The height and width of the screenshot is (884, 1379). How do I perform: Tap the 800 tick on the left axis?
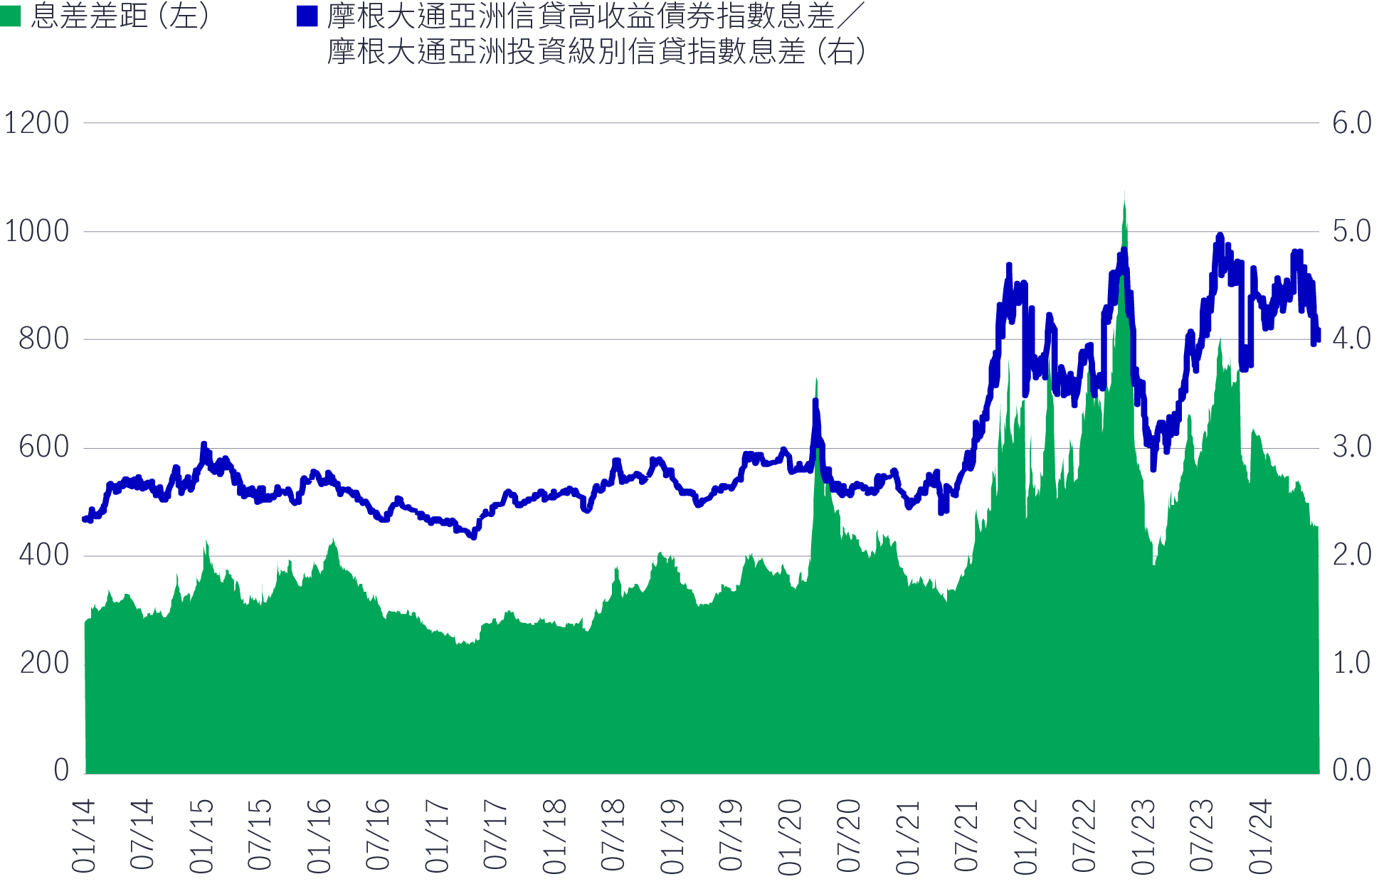point(44,339)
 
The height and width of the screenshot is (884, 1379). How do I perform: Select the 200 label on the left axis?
point(44,664)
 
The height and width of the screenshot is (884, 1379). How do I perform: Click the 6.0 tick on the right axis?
point(1351,123)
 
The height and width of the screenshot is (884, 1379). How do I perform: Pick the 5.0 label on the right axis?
point(1351,231)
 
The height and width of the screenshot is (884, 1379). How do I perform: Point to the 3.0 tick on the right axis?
point(1351,447)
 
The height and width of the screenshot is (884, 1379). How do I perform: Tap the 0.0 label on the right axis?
point(1351,770)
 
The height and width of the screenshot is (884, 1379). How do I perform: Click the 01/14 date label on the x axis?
point(84,836)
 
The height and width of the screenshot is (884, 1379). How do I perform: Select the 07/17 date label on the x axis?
point(496,836)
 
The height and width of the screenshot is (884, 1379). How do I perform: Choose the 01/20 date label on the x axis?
point(790,836)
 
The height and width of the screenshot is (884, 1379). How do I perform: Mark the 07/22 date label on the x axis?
point(1084,836)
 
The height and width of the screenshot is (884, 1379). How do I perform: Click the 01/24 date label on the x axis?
point(1260,836)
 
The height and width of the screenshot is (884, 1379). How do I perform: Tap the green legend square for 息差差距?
point(11,16)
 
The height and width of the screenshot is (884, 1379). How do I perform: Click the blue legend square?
point(307,16)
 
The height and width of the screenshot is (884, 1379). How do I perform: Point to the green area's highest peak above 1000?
point(1124,193)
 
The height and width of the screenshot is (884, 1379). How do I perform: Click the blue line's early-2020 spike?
point(815,403)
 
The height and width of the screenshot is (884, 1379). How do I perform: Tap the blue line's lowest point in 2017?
point(472,536)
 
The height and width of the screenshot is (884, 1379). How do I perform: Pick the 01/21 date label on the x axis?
point(907,836)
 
